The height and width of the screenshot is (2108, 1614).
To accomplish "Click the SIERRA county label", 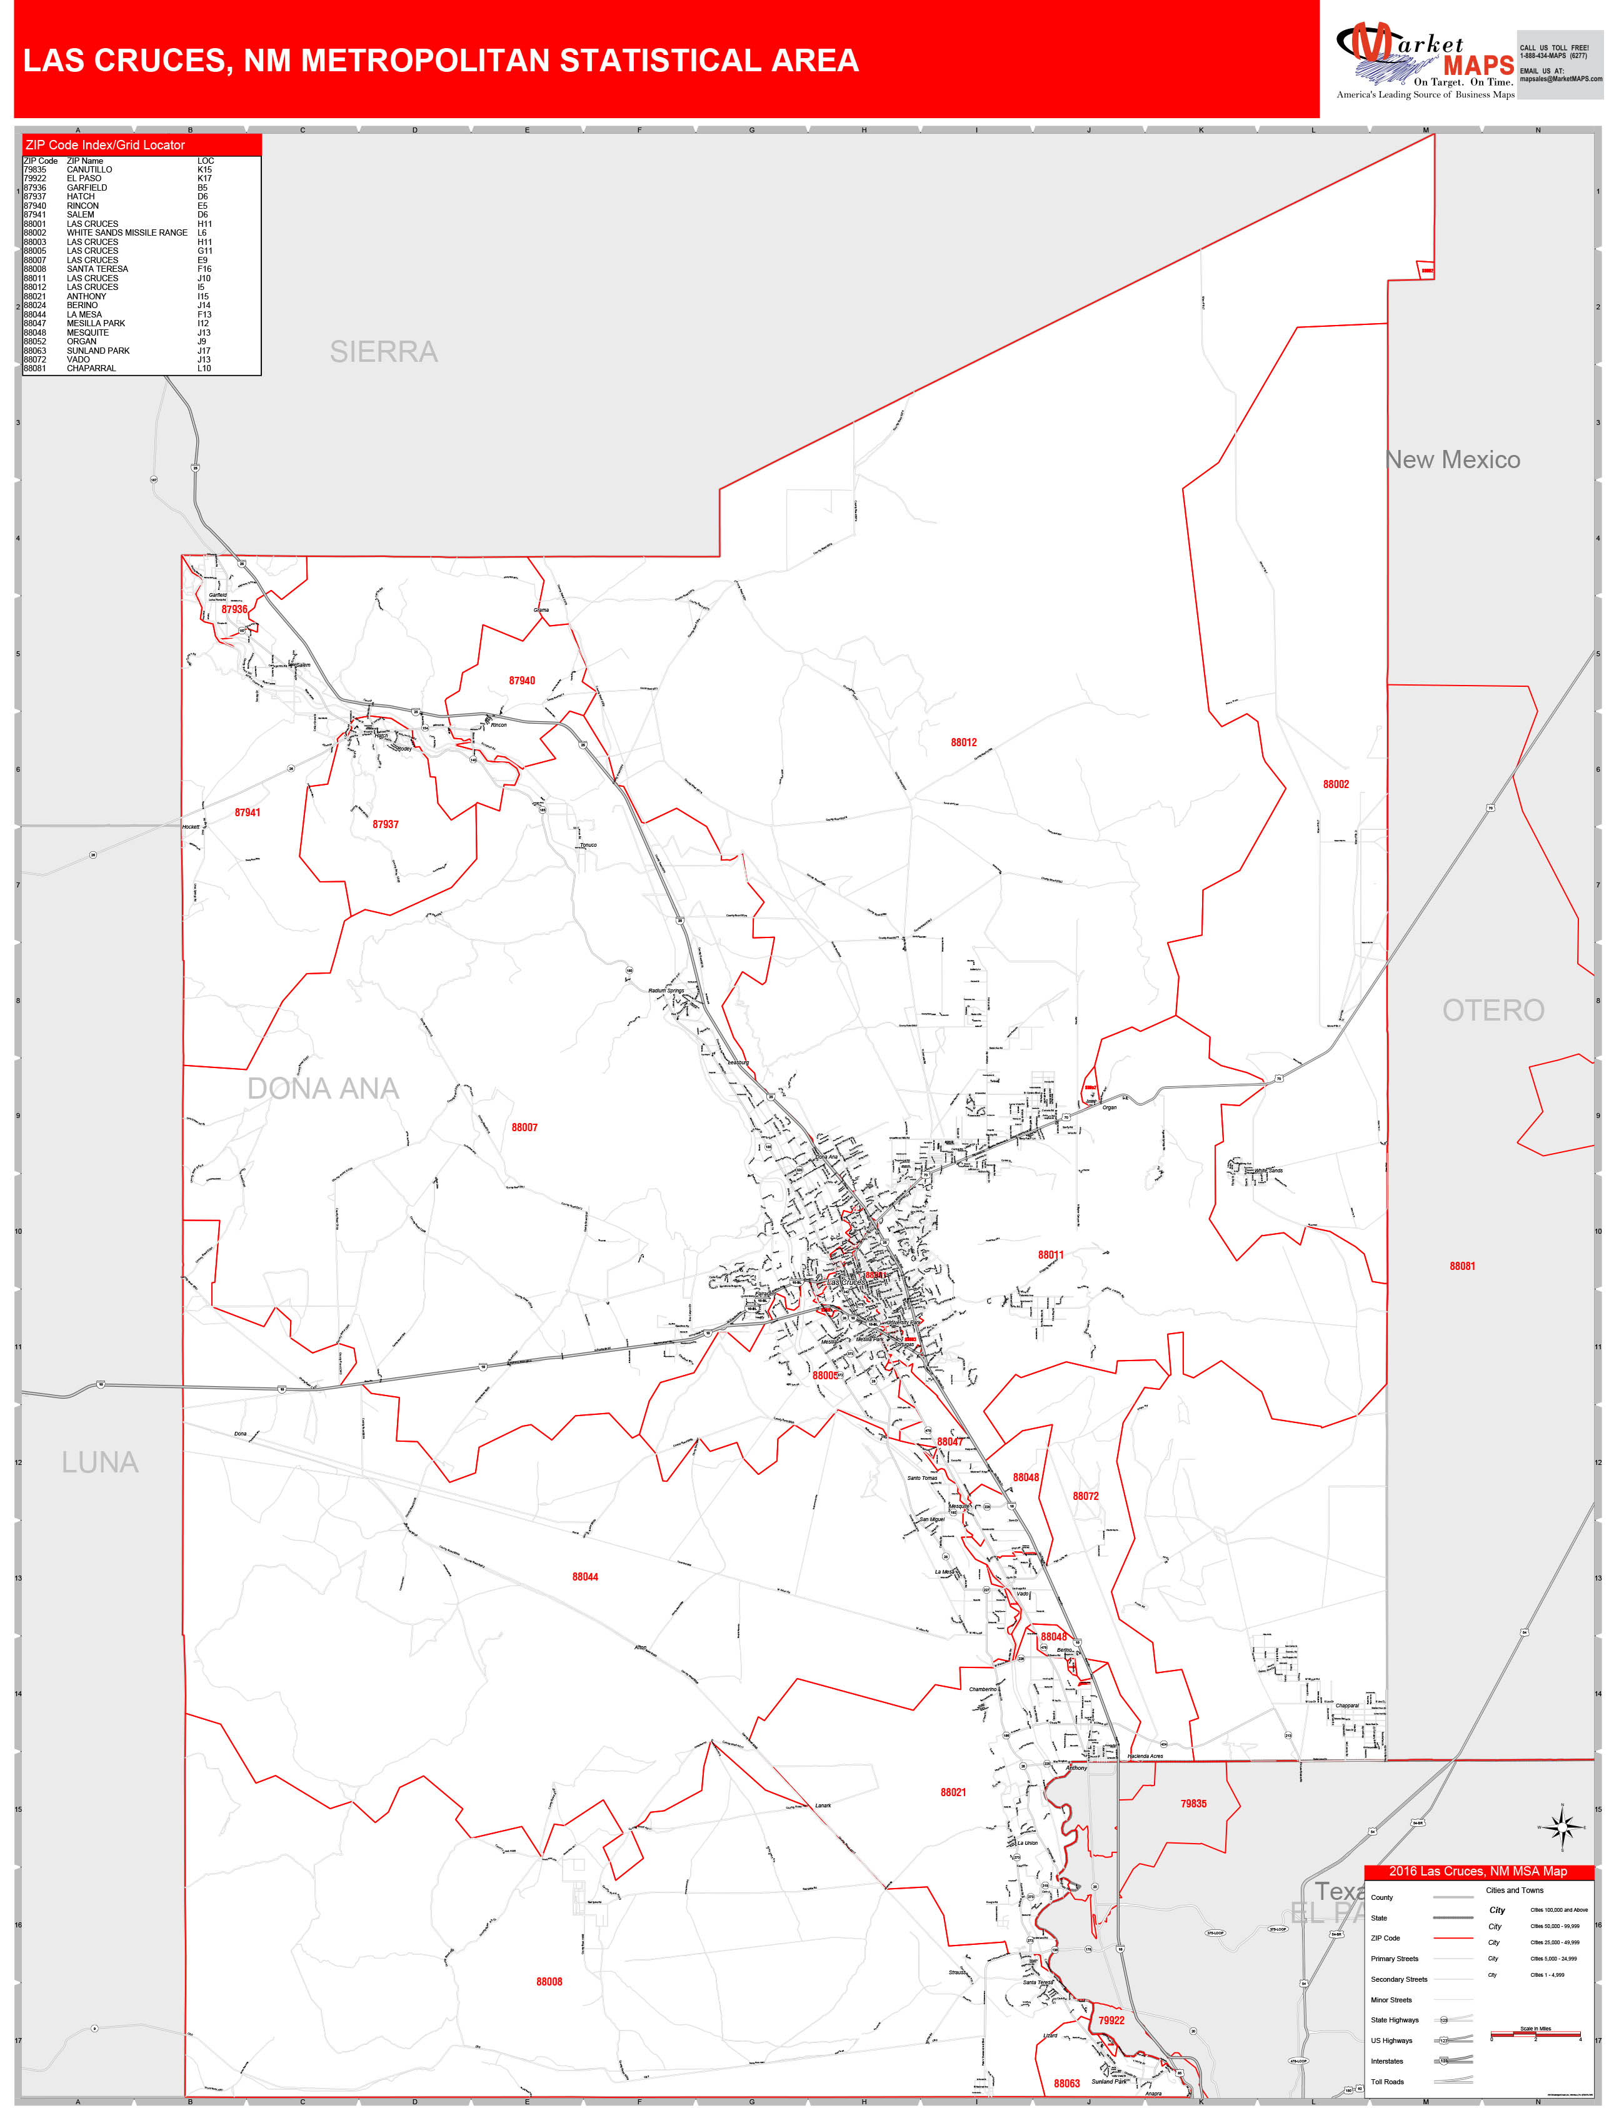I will [x=383, y=352].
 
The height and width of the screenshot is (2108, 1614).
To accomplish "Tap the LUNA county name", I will [x=100, y=1462].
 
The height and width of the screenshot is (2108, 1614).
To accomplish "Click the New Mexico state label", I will [x=1453, y=460].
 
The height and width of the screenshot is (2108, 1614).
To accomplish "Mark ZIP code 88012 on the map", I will [x=964, y=742].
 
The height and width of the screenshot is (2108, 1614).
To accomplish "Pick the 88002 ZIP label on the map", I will [x=1335, y=784].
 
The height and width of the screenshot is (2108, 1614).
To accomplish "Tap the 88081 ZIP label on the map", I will [x=1462, y=1266].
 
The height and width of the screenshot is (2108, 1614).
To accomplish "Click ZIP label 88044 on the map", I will [x=585, y=1576].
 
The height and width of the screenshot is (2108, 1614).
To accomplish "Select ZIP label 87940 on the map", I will [x=522, y=681].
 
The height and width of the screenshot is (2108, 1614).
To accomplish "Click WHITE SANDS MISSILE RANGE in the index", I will [x=127, y=232].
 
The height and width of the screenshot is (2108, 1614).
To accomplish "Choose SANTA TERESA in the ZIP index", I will [x=97, y=269].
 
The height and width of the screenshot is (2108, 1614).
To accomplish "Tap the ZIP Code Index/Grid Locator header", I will [x=106, y=145].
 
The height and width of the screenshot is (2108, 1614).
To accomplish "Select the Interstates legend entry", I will [x=1387, y=2061].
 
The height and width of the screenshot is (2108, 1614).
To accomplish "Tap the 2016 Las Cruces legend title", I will [x=1478, y=1871].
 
